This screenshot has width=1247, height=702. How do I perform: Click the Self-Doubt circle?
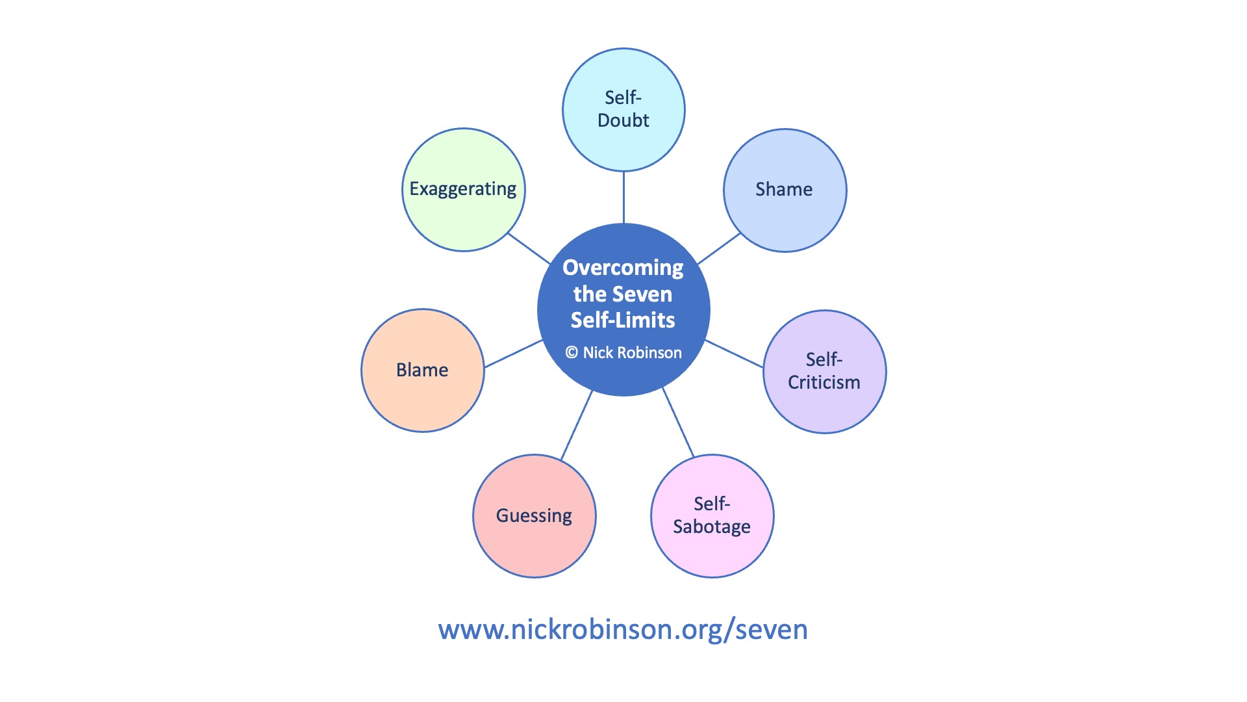coord(623,109)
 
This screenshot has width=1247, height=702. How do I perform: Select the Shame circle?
coord(785,190)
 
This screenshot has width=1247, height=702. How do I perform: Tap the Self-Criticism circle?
coord(824,371)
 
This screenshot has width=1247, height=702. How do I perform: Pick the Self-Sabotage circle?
coord(712,515)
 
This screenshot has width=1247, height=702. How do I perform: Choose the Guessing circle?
coord(534,515)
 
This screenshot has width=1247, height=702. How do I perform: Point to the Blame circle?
coord(422,370)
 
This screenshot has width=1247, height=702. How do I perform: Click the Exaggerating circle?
coord(463,189)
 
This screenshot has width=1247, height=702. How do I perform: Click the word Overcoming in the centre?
coord(623,268)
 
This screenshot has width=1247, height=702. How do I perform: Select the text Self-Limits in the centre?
coord(623,320)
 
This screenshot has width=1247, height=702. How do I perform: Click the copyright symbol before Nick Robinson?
coord(572,353)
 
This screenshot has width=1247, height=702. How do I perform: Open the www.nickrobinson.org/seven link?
coord(623,630)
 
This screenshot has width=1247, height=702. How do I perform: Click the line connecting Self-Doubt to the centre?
coord(623,197)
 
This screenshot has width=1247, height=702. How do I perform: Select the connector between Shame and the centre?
coord(719,248)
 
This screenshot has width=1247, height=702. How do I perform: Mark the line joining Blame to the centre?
coord(513,354)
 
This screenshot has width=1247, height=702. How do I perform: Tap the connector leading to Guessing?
coord(576,426)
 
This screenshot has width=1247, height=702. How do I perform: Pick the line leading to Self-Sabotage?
coord(678,422)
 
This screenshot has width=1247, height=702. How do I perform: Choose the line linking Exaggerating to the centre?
coord(529,248)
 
